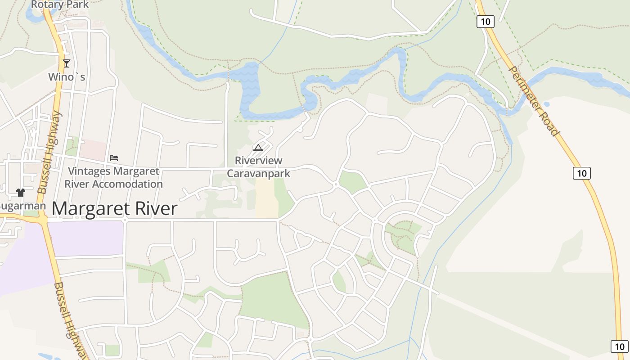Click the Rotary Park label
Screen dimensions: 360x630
tap(60, 5)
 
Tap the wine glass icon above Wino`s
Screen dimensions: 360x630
tap(67, 63)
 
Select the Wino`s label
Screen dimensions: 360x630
tap(67, 77)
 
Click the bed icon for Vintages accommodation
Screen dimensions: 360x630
tap(114, 158)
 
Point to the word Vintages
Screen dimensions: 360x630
tap(89, 171)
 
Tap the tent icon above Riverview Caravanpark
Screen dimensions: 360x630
tap(258, 148)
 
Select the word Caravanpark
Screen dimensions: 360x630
tap(258, 173)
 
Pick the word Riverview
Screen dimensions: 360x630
tap(258, 161)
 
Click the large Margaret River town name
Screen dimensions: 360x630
tap(114, 209)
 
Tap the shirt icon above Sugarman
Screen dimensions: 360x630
tap(20, 193)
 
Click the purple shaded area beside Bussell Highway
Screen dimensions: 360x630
tap(85, 238)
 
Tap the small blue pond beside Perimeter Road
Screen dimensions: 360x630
tap(546, 104)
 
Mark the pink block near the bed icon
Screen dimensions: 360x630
tap(93, 149)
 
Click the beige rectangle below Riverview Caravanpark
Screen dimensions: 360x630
tap(266, 198)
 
